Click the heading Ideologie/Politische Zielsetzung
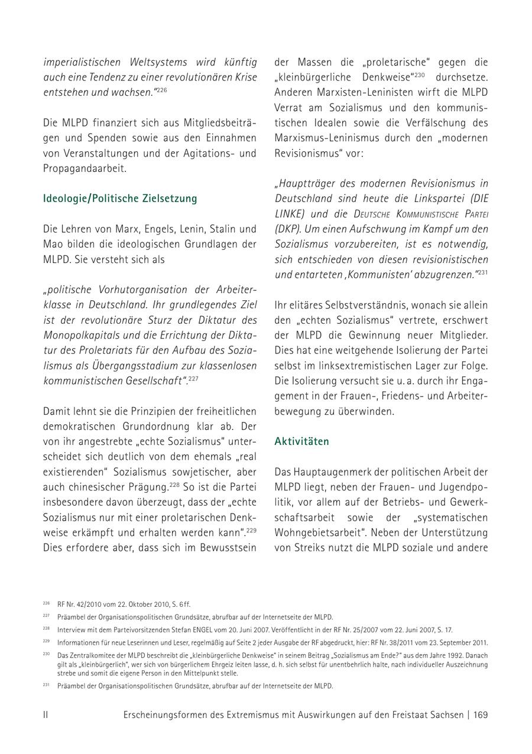point(120,199)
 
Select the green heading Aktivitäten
point(301,441)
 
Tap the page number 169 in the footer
point(481,714)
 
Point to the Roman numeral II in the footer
point(46,714)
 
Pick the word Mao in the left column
point(54,244)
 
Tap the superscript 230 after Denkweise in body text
point(419,75)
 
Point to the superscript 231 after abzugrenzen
point(482,272)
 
